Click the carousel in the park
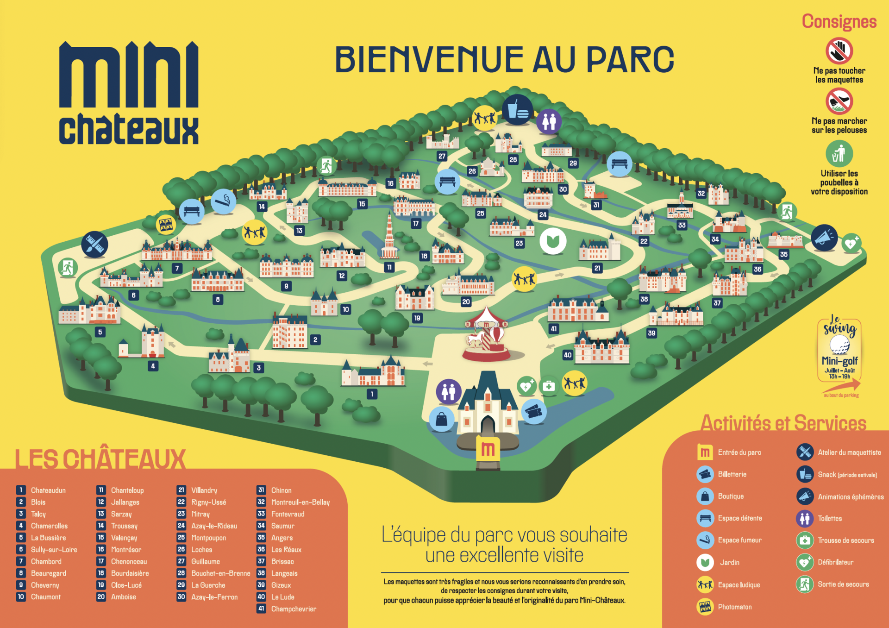pyautogui.click(x=486, y=336)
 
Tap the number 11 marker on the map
pyautogui.click(x=389, y=267)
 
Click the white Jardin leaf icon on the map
pyautogui.click(x=553, y=241)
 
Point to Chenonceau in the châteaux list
pyautogui.click(x=129, y=561)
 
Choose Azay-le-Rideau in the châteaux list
pyautogui.click(x=214, y=526)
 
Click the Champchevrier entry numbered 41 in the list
pyautogui.click(x=293, y=609)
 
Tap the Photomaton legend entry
pyautogui.click(x=734, y=607)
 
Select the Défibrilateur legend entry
pyautogui.click(x=835, y=562)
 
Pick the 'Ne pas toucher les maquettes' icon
pyautogui.click(x=839, y=51)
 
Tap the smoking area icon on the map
pyautogui.click(x=223, y=201)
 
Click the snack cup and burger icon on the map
pyautogui.click(x=517, y=110)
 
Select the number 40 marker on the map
pyautogui.click(x=568, y=355)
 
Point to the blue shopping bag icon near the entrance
pyautogui.click(x=441, y=419)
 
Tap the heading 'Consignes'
pyautogui.click(x=839, y=22)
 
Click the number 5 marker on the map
pyautogui.click(x=100, y=332)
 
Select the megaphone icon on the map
pyautogui.click(x=824, y=238)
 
